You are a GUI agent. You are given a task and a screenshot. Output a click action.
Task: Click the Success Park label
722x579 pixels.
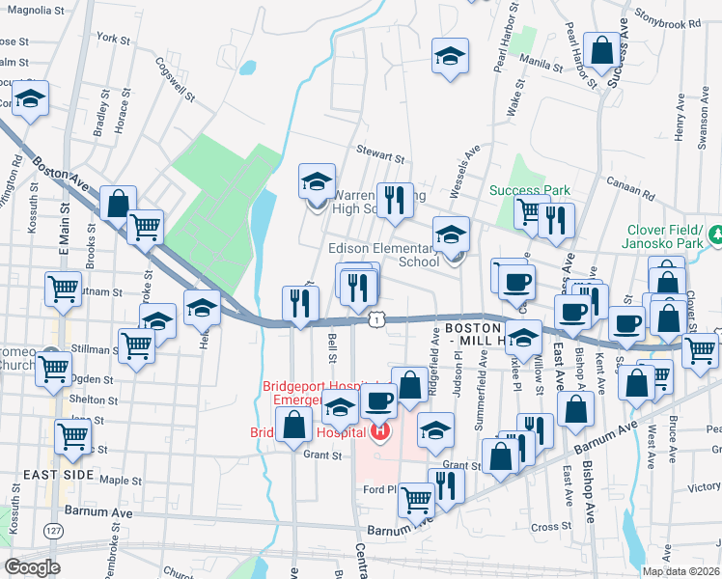[530, 190]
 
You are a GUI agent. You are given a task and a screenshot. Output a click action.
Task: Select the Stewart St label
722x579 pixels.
[378, 154]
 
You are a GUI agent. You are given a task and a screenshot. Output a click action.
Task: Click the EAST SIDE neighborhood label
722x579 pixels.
[60, 475]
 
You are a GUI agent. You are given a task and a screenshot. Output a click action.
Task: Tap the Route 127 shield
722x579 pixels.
[51, 532]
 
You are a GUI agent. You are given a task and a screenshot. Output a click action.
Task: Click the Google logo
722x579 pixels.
[32, 566]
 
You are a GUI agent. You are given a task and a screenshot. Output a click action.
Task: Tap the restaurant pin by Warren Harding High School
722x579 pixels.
[394, 200]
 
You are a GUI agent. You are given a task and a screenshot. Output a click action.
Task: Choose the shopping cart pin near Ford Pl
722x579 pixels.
[416, 499]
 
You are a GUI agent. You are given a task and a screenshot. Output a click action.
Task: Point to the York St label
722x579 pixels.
[113, 39]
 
